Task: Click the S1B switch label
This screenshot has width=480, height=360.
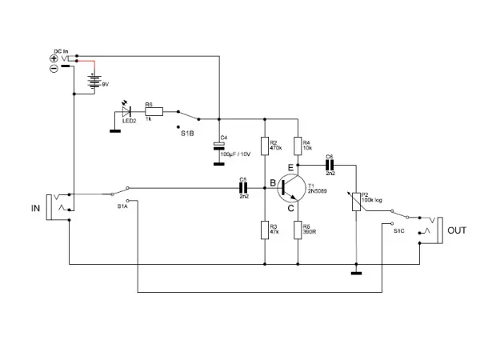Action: pyautogui.click(x=187, y=133)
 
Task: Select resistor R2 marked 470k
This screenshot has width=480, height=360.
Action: pyautogui.click(x=264, y=144)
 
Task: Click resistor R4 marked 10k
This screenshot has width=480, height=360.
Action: pyautogui.click(x=298, y=144)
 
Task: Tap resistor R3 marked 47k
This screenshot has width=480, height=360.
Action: pyautogui.click(x=264, y=230)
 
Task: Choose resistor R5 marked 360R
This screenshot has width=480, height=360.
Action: pyautogui.click(x=298, y=230)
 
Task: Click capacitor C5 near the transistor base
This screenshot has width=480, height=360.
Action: pyautogui.click(x=244, y=190)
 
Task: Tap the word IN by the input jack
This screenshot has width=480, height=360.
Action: pyautogui.click(x=36, y=207)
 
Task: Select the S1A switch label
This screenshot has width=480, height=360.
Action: pyautogui.click(x=122, y=206)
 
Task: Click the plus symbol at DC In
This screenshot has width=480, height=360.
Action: pyautogui.click(x=54, y=58)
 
